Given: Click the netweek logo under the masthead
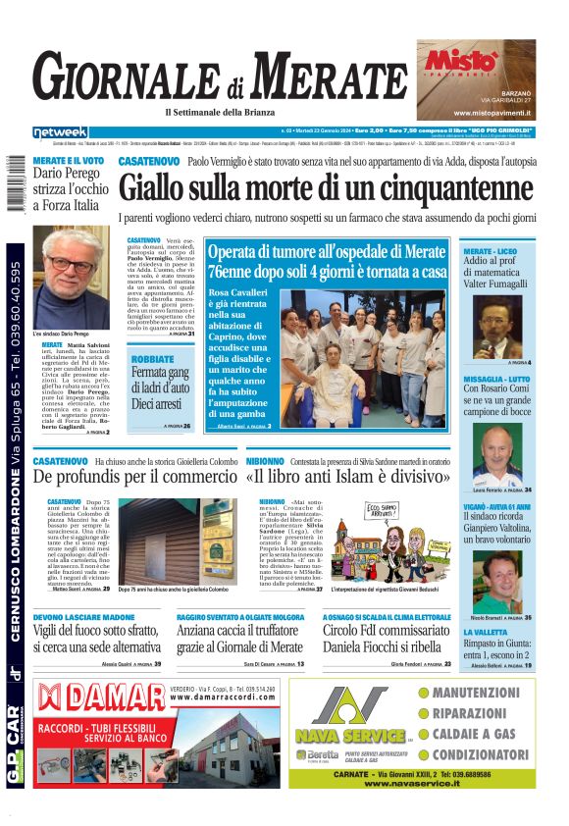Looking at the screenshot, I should coord(60,132).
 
